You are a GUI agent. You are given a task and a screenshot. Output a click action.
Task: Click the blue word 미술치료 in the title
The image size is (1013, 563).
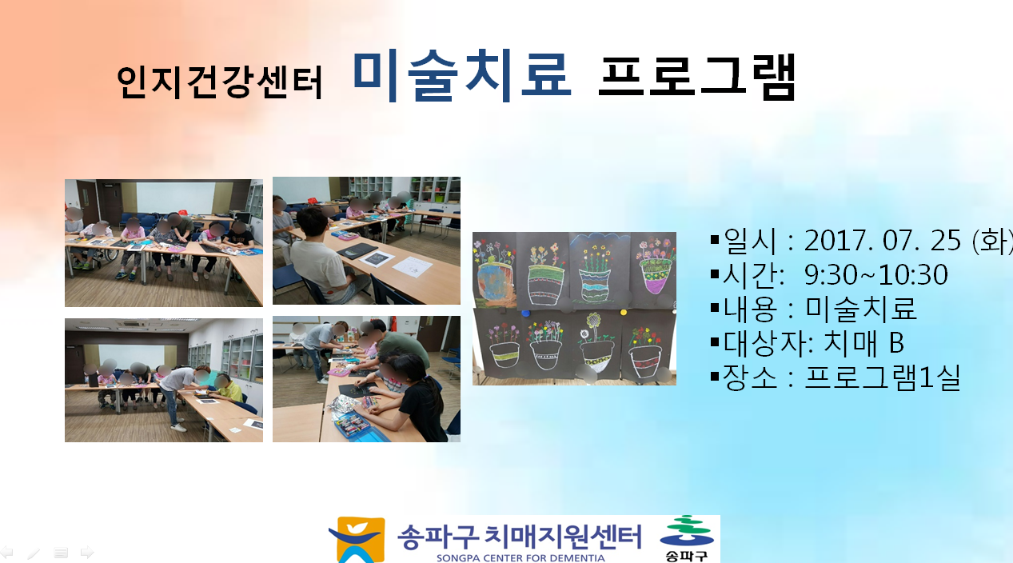click(x=462, y=76)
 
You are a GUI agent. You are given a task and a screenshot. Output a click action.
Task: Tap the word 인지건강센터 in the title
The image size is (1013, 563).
click(x=220, y=82)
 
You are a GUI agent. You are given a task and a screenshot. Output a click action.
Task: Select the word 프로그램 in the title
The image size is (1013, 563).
click(x=697, y=77)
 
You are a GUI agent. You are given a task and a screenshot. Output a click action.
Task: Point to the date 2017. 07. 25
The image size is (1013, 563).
click(x=883, y=240)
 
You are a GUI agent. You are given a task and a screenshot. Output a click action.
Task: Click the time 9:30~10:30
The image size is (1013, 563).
click(x=876, y=274)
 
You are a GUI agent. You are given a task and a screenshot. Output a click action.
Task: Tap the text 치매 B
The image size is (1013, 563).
click(x=863, y=342)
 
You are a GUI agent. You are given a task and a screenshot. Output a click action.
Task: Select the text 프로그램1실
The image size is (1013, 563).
click(x=883, y=377)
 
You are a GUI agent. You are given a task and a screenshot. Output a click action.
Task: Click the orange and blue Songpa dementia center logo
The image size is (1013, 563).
click(x=357, y=540)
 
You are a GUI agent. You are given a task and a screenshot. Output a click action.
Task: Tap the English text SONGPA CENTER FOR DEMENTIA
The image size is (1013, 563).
click(x=520, y=558)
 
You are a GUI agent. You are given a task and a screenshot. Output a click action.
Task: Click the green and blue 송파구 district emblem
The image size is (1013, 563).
click(x=687, y=538)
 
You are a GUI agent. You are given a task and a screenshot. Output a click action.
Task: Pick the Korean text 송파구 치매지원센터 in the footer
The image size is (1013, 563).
click(x=520, y=537)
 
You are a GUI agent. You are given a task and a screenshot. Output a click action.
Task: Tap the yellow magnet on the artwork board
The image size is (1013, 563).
click(x=623, y=312)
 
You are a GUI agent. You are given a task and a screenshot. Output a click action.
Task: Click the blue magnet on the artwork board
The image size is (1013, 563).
click(x=525, y=313)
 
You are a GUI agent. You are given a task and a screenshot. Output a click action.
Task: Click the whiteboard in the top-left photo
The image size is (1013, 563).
click(x=175, y=198)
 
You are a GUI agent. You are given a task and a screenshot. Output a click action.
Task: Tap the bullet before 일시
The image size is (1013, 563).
click(x=715, y=239)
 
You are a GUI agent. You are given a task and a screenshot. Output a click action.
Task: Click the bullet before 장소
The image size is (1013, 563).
click(x=715, y=376)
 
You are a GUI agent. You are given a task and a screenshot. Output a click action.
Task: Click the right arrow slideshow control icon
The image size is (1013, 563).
click(x=87, y=552)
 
